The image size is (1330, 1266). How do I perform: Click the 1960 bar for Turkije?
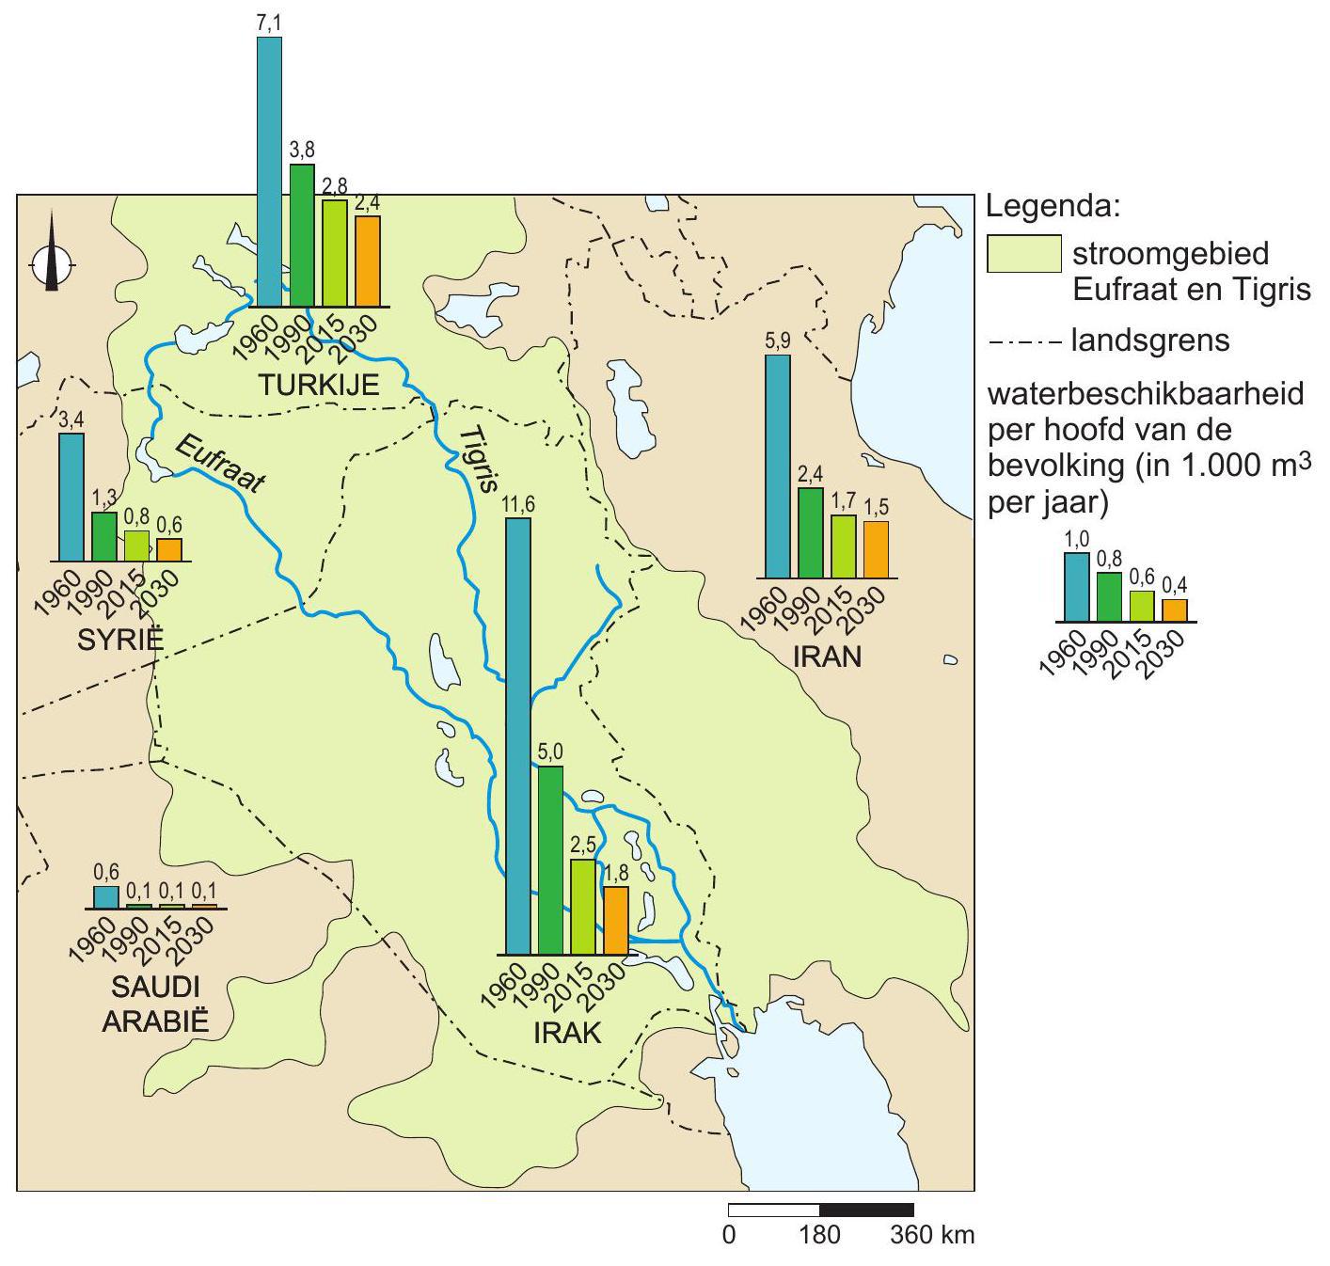(269, 172)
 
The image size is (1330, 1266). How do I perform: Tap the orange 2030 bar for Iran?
(876, 549)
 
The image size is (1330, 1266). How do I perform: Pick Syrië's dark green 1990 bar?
(103, 536)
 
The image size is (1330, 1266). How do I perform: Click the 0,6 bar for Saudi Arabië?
(106, 897)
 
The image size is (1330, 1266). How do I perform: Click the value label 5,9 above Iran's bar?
(778, 341)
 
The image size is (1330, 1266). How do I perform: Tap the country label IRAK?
(566, 1033)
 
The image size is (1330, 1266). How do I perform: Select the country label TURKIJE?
(319, 384)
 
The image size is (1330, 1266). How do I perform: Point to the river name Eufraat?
(220, 465)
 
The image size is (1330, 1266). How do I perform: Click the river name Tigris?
(478, 459)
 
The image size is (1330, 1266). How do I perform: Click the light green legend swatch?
(1023, 254)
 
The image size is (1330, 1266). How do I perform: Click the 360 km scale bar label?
(932, 1234)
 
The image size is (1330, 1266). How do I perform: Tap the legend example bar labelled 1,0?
(1076, 587)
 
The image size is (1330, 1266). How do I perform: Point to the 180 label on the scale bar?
(820, 1234)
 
